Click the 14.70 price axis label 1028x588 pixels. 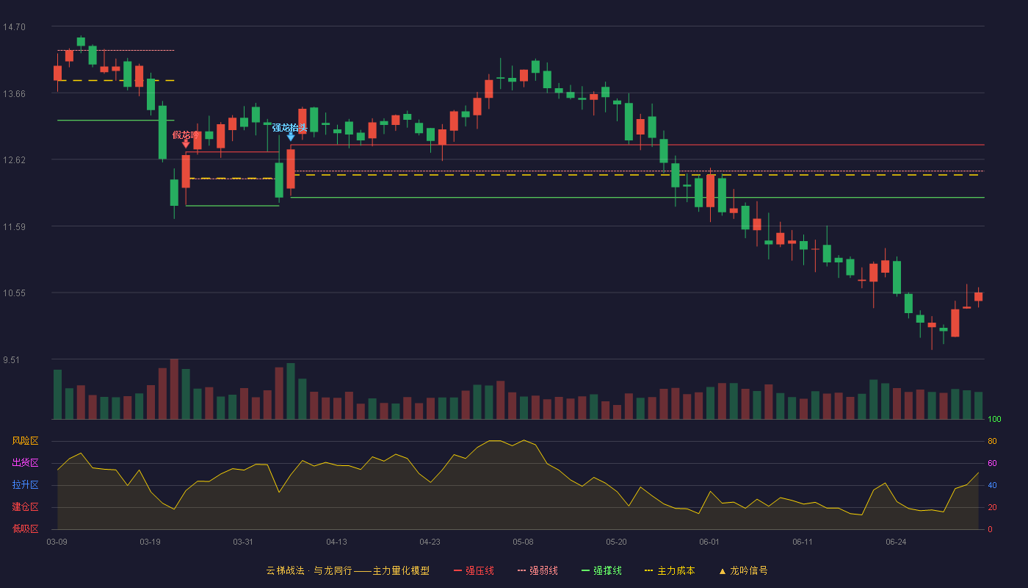tap(14, 27)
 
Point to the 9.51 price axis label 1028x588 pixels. tap(12, 360)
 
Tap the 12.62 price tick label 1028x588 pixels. tap(14, 160)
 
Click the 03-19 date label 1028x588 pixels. tap(150, 542)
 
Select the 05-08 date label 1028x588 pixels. tap(523, 542)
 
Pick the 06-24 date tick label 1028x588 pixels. tap(896, 542)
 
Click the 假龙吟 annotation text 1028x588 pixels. tap(186, 135)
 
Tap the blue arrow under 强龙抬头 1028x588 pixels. tap(291, 137)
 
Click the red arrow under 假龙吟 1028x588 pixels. tap(186, 144)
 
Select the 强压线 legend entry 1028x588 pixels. tap(474, 570)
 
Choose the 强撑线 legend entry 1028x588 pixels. tap(601, 570)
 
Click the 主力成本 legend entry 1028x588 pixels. tap(670, 570)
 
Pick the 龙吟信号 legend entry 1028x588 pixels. tap(743, 570)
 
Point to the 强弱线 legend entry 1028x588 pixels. tap(537, 570)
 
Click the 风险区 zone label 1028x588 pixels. tap(25, 441)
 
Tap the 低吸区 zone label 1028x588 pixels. tap(25, 529)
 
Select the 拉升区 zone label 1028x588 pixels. tap(25, 485)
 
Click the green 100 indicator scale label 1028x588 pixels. tap(994, 419)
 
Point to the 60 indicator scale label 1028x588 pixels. tap(992, 463)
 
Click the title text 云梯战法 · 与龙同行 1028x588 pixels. tap(309, 570)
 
